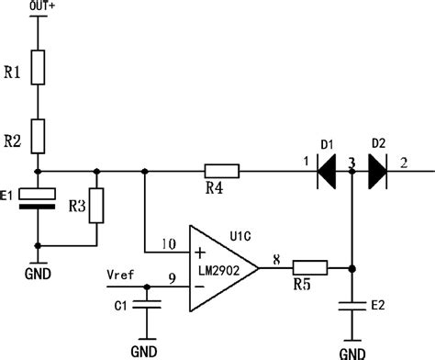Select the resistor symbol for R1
click(37, 67)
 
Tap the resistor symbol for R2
click(37, 136)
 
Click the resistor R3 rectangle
click(97, 205)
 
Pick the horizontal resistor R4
click(221, 171)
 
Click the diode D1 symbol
click(327, 171)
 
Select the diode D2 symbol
click(376, 171)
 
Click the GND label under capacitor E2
click(352, 353)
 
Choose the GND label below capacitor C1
click(143, 350)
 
